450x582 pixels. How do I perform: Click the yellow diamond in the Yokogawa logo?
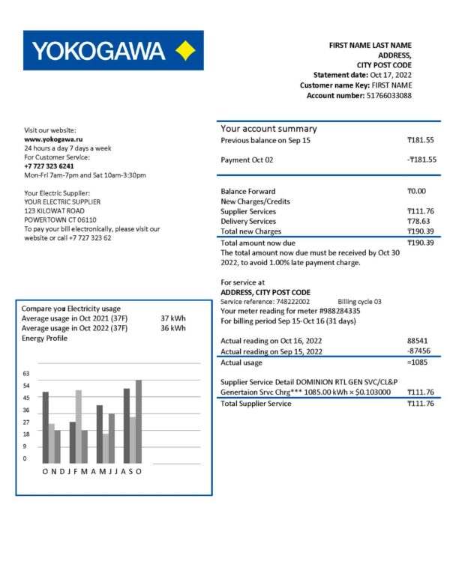(x=184, y=51)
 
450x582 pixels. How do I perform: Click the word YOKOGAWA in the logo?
(x=98, y=51)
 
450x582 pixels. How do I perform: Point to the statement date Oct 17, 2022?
(x=391, y=76)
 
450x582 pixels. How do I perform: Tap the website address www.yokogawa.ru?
(x=53, y=139)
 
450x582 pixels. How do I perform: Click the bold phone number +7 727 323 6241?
(x=49, y=166)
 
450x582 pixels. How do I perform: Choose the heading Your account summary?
(x=268, y=129)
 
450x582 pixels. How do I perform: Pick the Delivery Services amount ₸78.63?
(x=421, y=221)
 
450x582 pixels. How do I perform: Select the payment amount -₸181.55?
(x=421, y=160)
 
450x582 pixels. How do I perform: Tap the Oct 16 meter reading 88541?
(x=418, y=340)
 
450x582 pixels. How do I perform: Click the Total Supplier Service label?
(x=256, y=404)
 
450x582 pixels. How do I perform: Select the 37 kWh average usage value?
(x=173, y=318)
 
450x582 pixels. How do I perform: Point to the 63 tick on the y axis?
(x=26, y=373)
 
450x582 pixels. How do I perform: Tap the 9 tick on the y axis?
(x=25, y=446)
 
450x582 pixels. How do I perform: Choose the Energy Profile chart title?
(x=44, y=339)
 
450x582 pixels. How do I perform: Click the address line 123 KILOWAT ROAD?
(x=55, y=211)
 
